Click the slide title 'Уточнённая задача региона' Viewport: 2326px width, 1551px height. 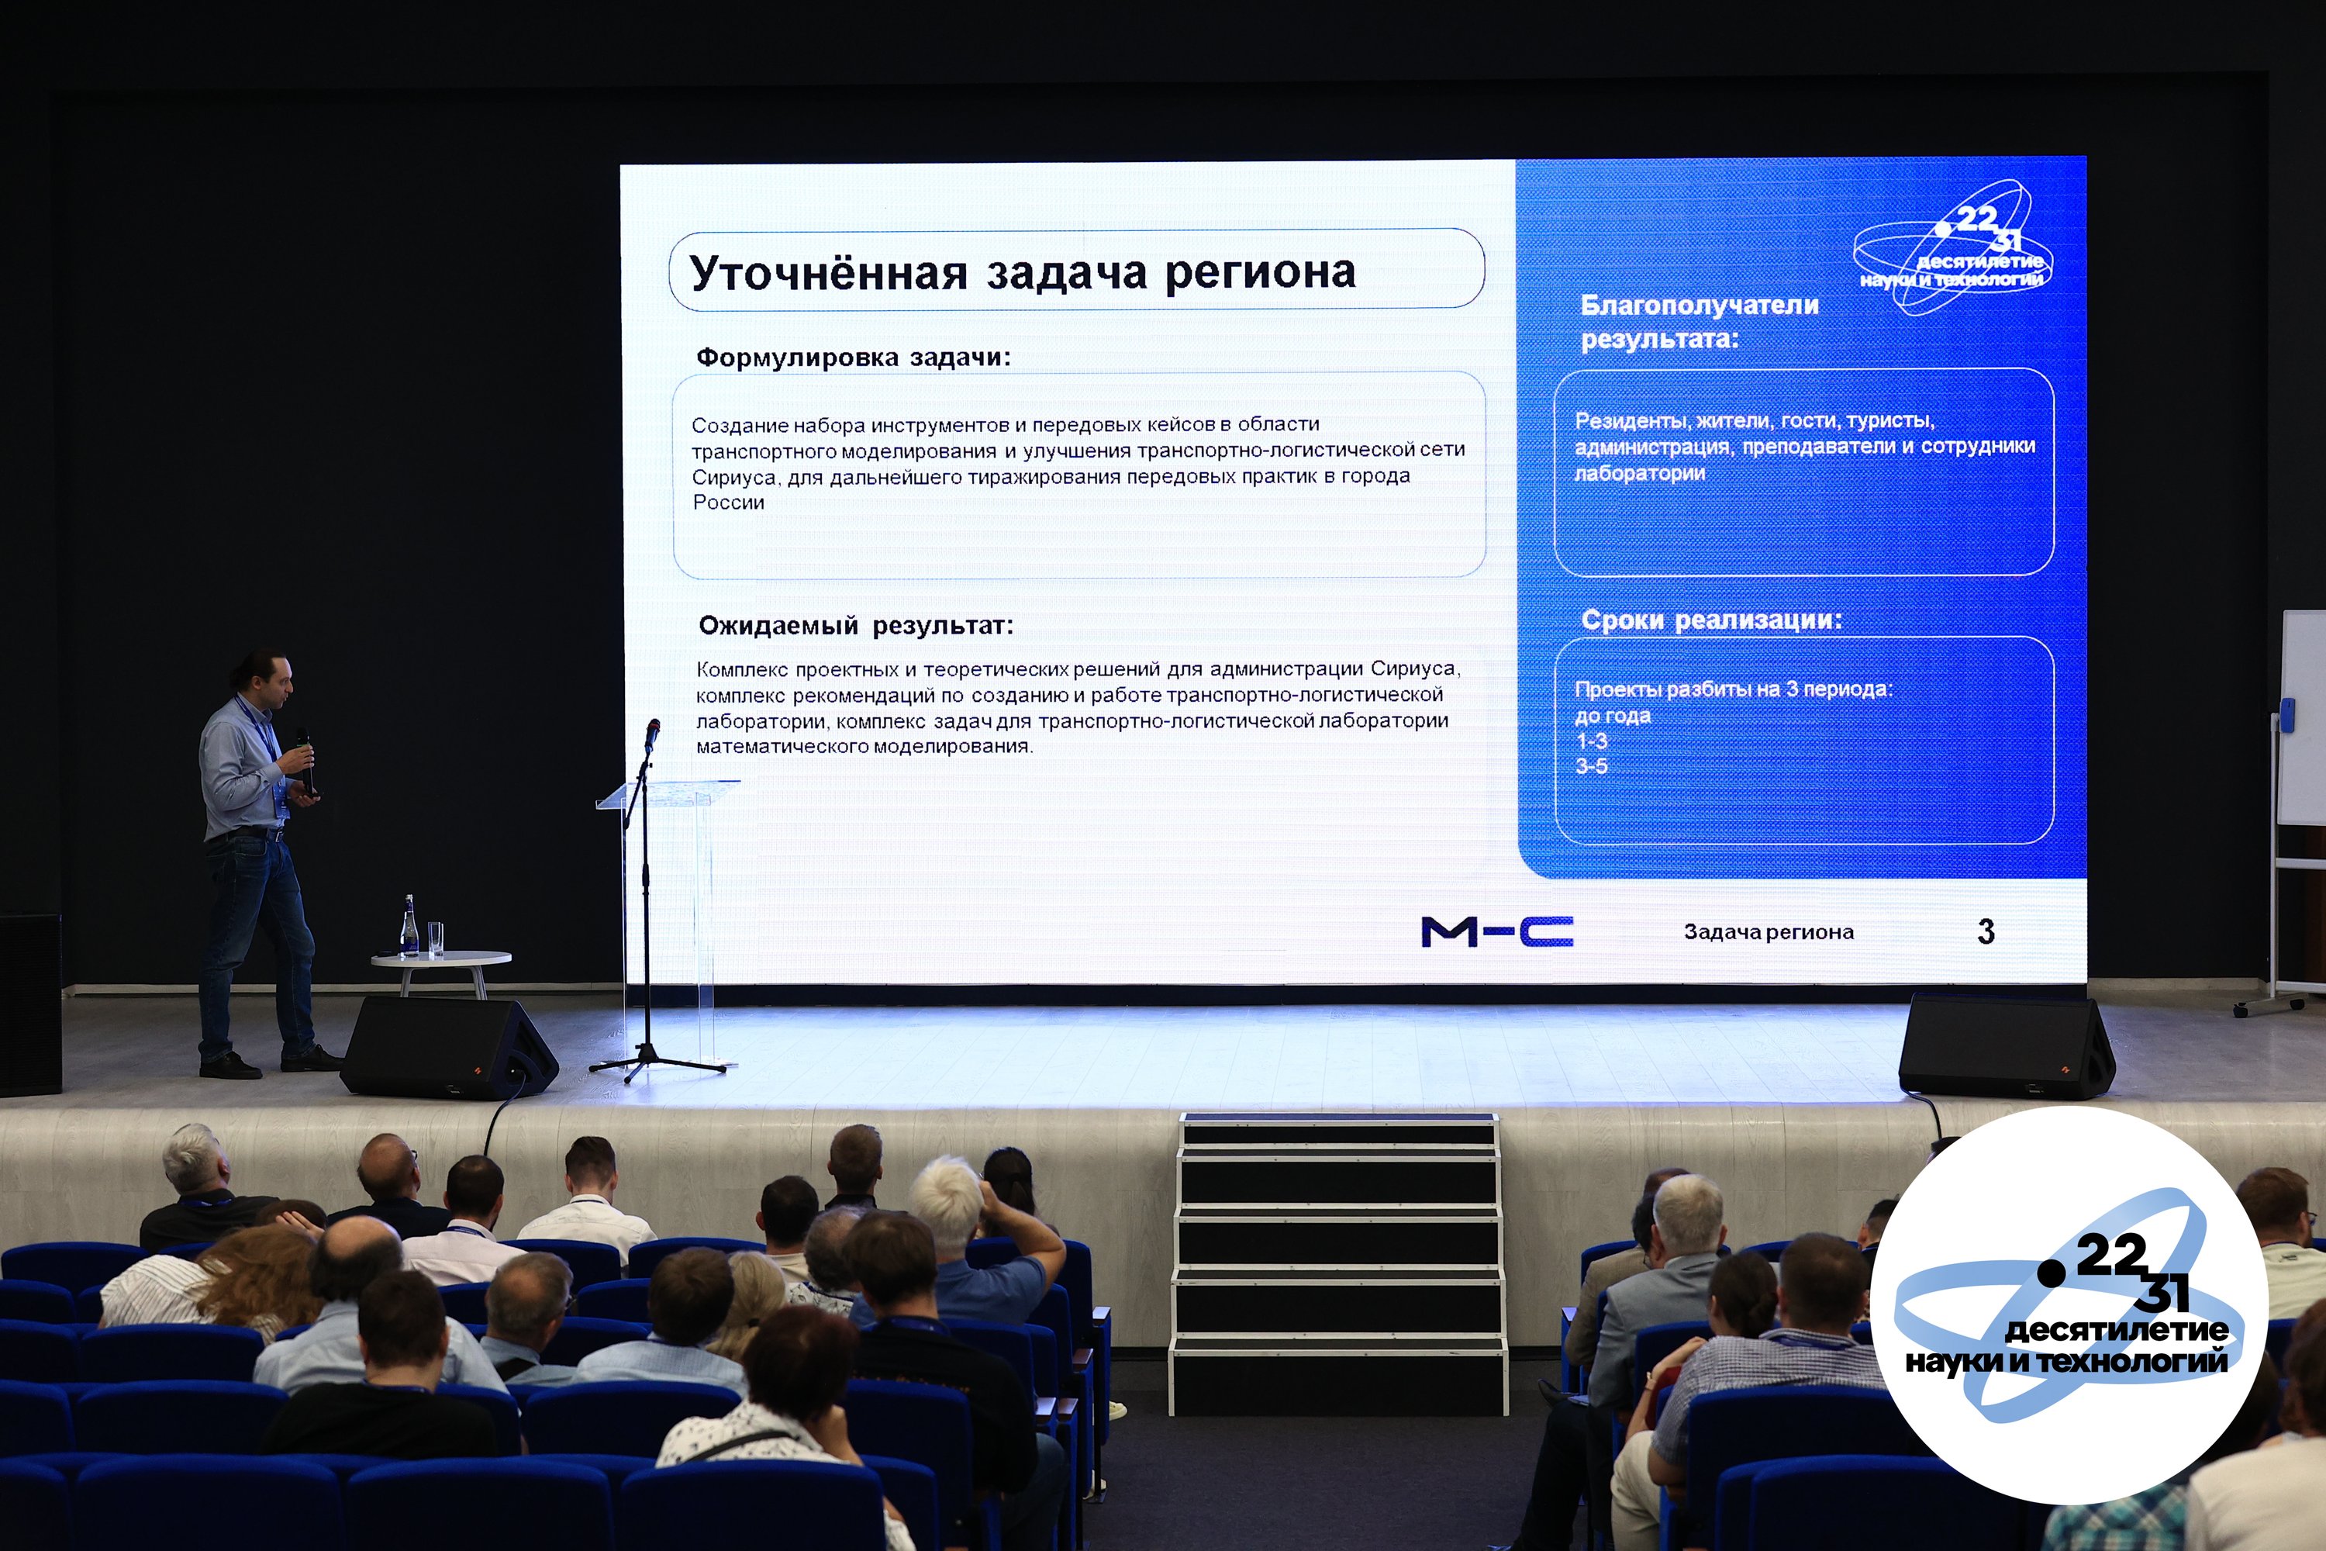[x=1023, y=273]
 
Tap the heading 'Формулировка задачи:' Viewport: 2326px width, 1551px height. [x=854, y=357]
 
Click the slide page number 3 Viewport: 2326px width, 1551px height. [x=1986, y=931]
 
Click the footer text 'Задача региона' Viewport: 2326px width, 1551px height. [x=1769, y=932]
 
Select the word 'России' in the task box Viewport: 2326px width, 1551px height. [x=728, y=503]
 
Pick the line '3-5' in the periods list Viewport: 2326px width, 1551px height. [x=1591, y=765]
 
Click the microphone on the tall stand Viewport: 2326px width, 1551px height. [x=652, y=733]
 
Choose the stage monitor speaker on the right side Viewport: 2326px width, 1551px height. [x=2006, y=1045]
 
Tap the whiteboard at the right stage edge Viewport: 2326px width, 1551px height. [x=2302, y=717]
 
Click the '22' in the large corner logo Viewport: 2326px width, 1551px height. [x=2111, y=1256]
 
